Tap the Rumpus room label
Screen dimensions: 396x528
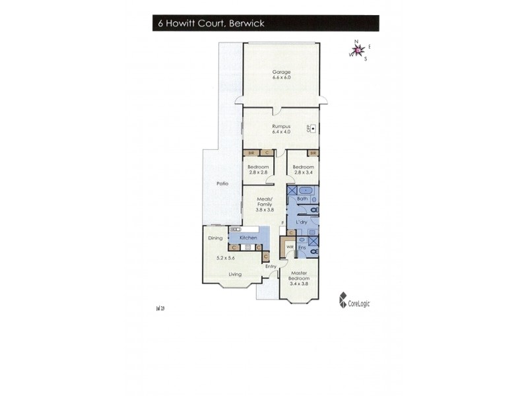281,126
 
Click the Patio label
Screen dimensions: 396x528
222,183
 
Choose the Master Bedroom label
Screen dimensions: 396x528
300,276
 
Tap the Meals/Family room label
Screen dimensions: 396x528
265,202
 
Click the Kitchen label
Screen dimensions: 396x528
247,236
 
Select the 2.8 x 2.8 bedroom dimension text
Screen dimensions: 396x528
256,172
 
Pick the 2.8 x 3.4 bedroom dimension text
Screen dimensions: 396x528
303,172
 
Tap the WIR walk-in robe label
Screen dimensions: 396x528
289,247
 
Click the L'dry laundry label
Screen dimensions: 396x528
303,222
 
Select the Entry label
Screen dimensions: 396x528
271,267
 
